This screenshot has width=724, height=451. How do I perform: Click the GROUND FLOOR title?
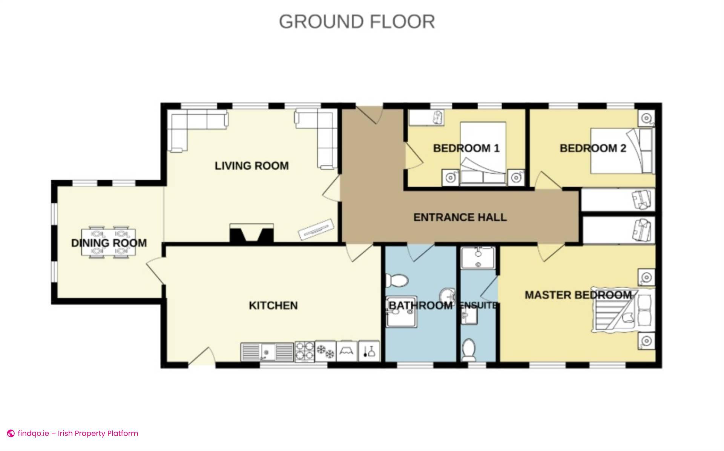pyautogui.click(x=357, y=21)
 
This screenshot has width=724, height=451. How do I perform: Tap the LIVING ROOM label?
pyautogui.click(x=252, y=166)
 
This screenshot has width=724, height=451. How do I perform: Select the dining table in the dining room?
pyautogui.click(x=109, y=242)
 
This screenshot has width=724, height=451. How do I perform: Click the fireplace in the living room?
pyautogui.click(x=252, y=233)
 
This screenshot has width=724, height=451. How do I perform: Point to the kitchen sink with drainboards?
pyautogui.click(x=267, y=351)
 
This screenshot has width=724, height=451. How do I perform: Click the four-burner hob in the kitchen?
pyautogui.click(x=304, y=351)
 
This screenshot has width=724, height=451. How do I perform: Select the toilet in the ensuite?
pyautogui.click(x=469, y=350)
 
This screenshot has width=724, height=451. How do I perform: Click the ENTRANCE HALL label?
pyautogui.click(x=460, y=217)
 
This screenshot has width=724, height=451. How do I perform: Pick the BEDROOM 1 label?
pyautogui.click(x=466, y=148)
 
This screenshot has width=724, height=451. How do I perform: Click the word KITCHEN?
pyautogui.click(x=273, y=305)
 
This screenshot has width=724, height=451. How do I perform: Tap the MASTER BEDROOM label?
pyautogui.click(x=578, y=295)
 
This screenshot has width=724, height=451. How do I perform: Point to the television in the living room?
pyautogui.click(x=316, y=229)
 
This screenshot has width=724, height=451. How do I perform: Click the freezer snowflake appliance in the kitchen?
pyautogui.click(x=325, y=351)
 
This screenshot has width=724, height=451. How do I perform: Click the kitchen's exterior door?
pyautogui.click(x=202, y=356)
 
